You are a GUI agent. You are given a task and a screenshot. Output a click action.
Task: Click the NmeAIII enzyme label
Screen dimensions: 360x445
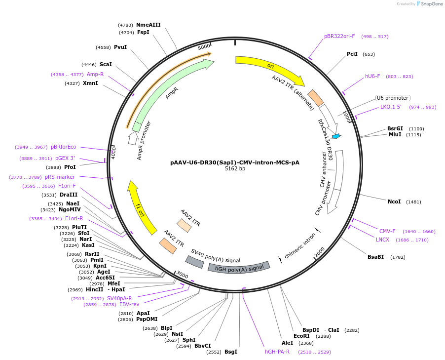click(x=148, y=25)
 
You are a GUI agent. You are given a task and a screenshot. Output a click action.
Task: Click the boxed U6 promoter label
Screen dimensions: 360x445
click(x=393, y=98)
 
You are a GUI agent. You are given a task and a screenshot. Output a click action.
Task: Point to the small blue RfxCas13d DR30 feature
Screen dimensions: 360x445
click(x=336, y=136)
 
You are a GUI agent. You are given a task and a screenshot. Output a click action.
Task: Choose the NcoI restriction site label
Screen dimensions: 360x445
click(x=394, y=201)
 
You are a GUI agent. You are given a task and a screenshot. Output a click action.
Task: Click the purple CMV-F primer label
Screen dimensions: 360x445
click(x=387, y=231)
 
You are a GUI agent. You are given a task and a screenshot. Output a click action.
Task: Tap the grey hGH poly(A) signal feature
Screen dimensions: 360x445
click(x=239, y=267)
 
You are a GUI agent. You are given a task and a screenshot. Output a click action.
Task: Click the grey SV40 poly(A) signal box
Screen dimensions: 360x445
click(x=194, y=262)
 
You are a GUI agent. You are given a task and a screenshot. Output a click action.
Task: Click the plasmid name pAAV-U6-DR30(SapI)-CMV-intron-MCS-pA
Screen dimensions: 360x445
click(x=235, y=162)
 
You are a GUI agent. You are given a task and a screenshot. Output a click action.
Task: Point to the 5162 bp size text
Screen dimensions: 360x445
click(x=235, y=169)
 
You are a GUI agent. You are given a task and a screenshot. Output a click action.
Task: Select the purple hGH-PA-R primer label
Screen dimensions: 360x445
click(x=277, y=352)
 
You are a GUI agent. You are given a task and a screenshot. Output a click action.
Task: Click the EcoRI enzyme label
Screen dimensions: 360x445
click(x=301, y=336)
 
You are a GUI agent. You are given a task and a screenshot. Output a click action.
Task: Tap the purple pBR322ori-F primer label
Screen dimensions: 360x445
click(x=339, y=37)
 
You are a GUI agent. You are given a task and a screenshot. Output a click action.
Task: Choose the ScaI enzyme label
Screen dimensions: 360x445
click(x=106, y=64)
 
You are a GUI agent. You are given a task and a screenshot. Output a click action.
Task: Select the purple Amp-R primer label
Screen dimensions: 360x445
click(x=95, y=74)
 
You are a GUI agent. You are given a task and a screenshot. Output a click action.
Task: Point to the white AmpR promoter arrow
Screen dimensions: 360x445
click(x=133, y=140)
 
